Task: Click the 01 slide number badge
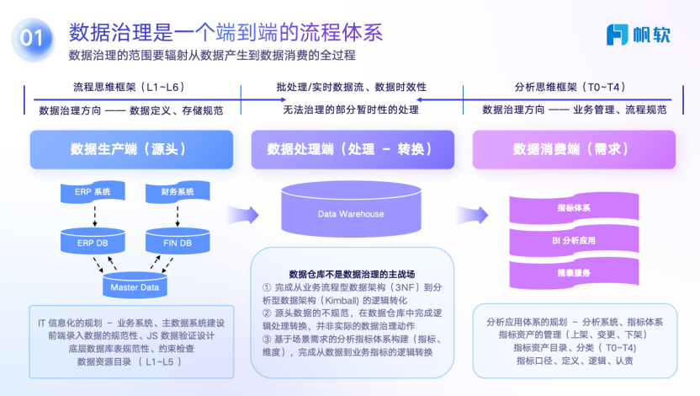coord(31,37)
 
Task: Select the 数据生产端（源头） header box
coord(127,150)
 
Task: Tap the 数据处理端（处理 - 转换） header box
coord(349,150)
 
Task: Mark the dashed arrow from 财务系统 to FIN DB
coord(177,217)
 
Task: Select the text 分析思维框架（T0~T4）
coord(570,87)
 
